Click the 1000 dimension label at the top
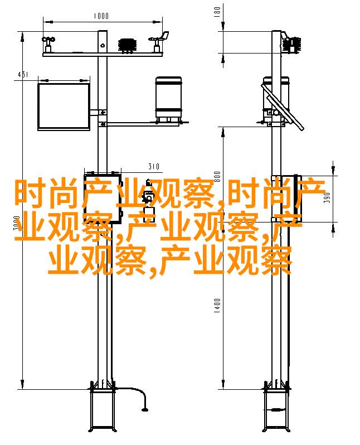[x=101, y=15]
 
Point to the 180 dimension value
[x=217, y=12]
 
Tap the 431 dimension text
[x=23, y=74]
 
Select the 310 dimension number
[x=154, y=166]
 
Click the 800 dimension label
[x=217, y=177]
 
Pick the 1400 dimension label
[x=217, y=306]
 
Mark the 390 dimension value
[x=327, y=197]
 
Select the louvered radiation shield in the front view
[x=128, y=45]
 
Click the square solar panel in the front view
[x=64, y=107]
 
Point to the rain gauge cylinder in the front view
[x=168, y=99]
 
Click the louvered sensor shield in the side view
[x=292, y=44]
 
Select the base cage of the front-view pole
[x=103, y=409]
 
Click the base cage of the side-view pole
[x=276, y=409]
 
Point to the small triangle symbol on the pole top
[x=103, y=45]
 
